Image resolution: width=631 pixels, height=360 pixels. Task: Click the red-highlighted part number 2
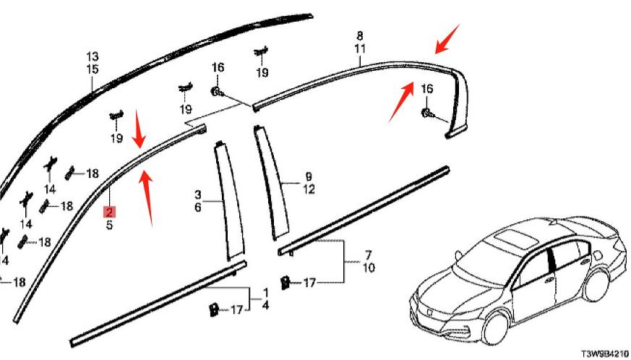tap(109, 212)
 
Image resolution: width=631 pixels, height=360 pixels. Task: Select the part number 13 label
tap(93, 56)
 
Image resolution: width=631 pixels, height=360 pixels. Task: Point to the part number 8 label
tap(359, 36)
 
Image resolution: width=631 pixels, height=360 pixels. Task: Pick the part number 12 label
tap(309, 189)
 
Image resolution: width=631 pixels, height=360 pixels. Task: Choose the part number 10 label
tap(368, 268)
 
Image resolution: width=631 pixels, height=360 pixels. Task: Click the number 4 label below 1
tap(265, 305)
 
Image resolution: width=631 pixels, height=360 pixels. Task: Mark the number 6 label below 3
tap(197, 207)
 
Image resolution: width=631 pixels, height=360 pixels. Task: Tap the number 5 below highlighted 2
tap(109, 225)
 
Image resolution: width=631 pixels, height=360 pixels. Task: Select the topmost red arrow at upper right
tap(445, 38)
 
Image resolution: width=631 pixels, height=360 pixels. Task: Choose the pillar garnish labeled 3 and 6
tap(228, 202)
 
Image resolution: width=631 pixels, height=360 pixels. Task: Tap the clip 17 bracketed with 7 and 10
tap(286, 280)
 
